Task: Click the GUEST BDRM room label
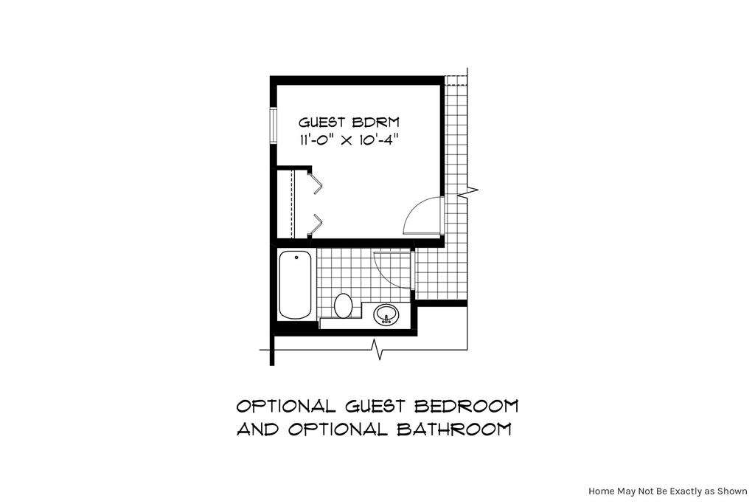349,122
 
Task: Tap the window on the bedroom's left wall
273,126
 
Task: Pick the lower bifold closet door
316,223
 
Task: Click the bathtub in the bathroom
296,285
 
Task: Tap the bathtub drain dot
296,258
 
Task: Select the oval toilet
343,304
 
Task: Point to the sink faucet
385,320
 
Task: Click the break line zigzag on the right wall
469,191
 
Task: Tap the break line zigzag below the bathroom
378,348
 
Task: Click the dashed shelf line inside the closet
293,203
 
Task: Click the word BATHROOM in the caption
454,429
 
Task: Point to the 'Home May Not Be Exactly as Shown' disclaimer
667,491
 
